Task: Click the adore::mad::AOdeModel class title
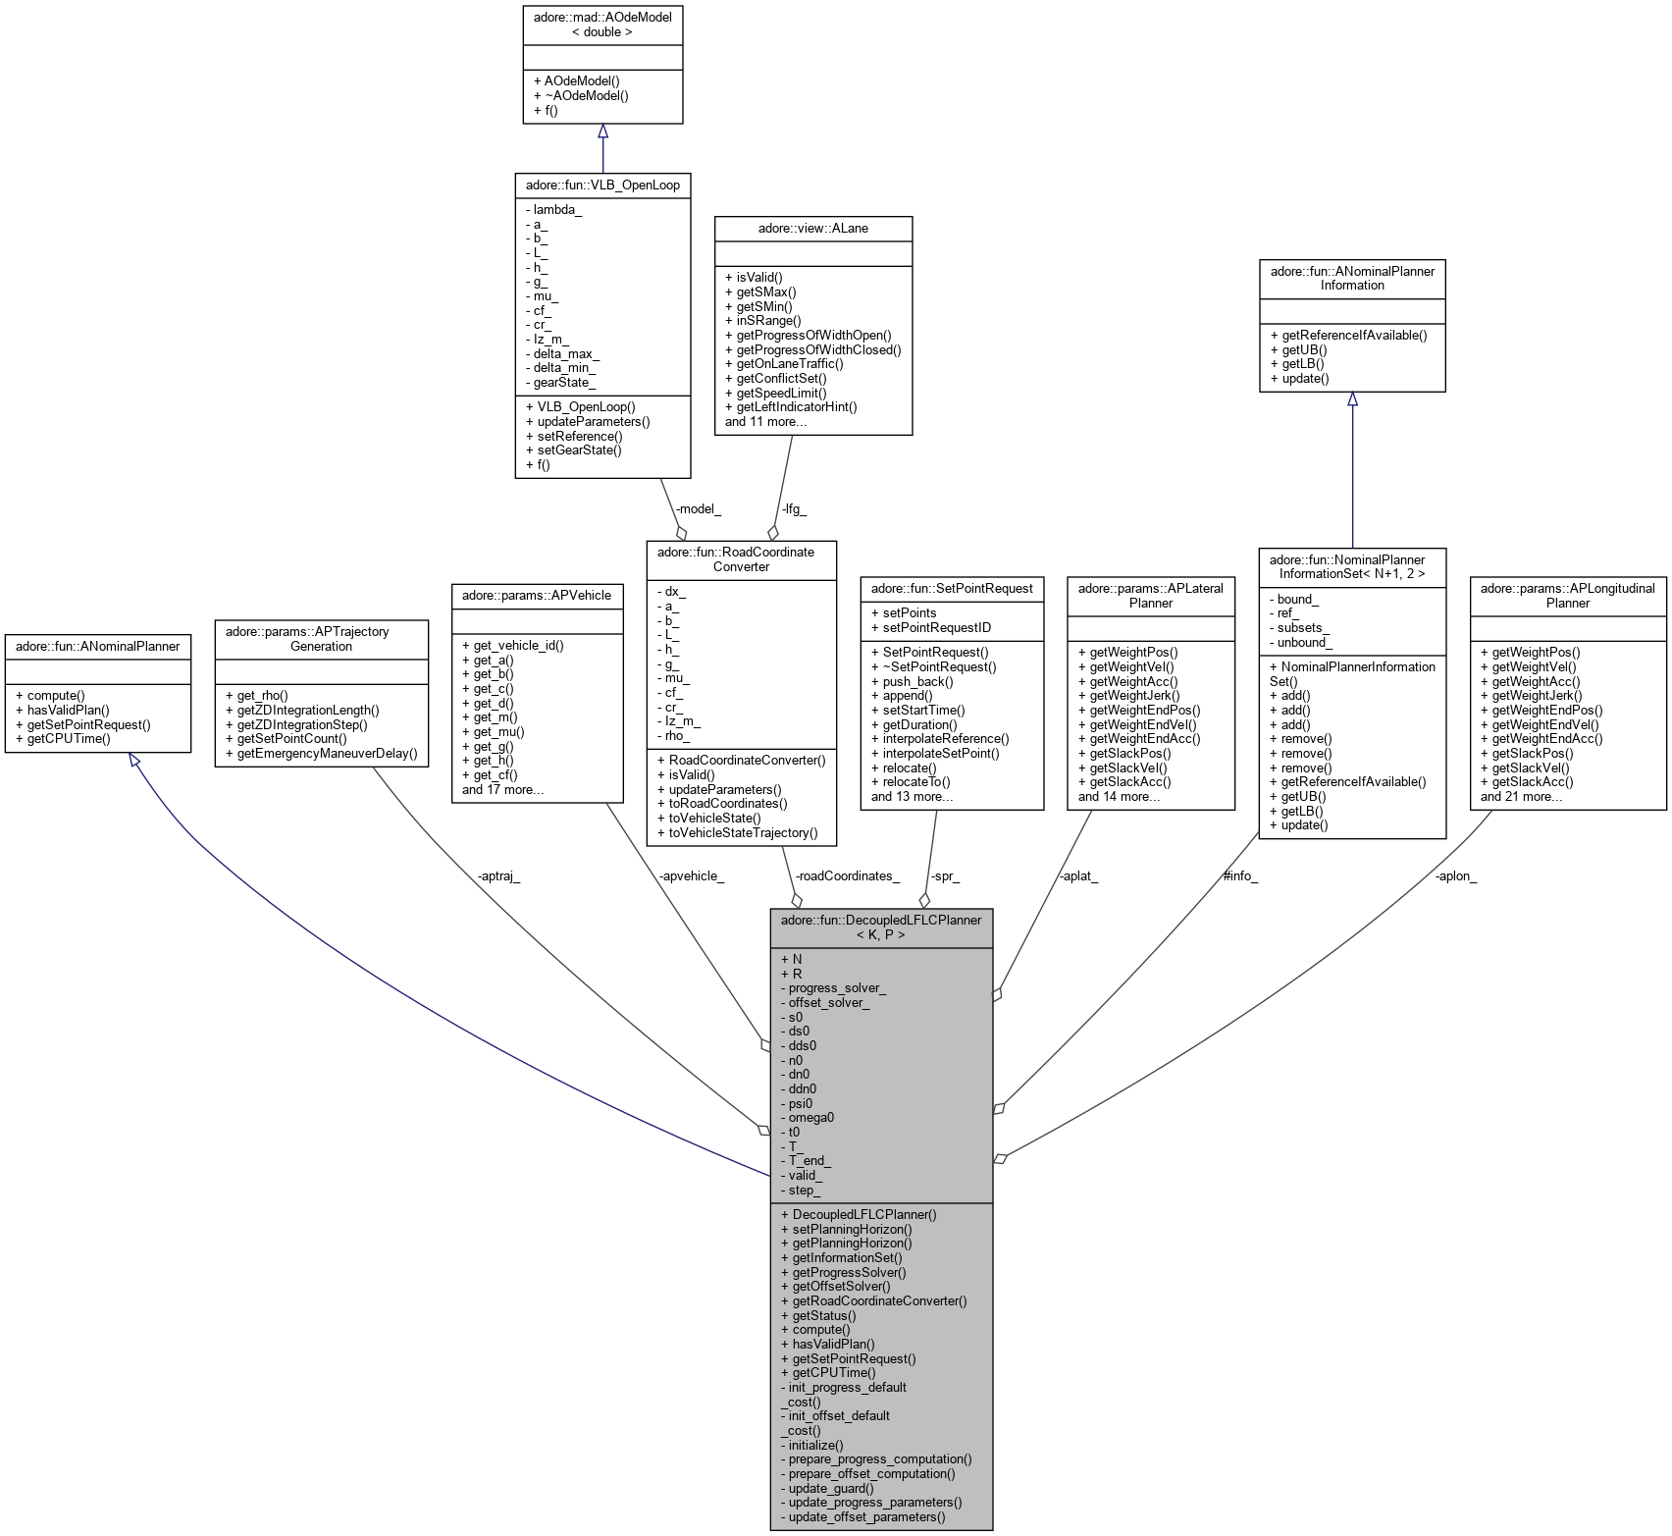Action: click(602, 25)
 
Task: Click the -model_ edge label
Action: click(698, 508)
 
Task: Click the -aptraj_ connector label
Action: click(498, 875)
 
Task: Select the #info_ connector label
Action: click(1239, 875)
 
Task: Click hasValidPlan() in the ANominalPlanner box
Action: click(68, 710)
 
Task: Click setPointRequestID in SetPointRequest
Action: click(937, 627)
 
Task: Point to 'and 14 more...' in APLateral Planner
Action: click(1119, 796)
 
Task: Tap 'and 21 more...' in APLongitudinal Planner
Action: click(1521, 796)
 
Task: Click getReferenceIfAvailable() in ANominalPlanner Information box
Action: click(1354, 335)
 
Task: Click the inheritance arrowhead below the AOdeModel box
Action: click(602, 132)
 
